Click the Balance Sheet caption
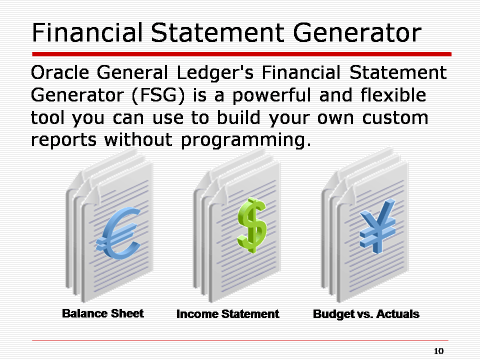click(102, 313)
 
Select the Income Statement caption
click(227, 314)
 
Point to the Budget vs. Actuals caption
click(365, 314)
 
